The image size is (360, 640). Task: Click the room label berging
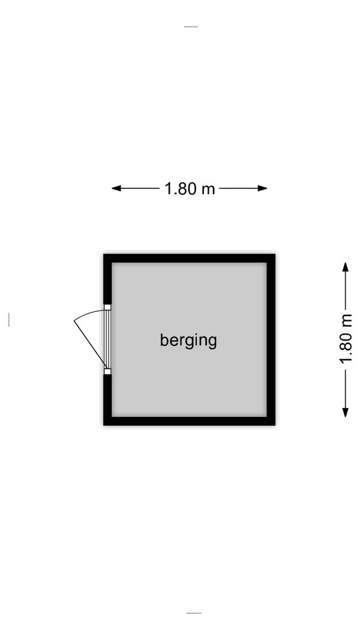pos(188,341)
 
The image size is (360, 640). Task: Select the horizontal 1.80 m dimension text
pos(190,188)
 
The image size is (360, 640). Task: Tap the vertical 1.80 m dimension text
pos(346,339)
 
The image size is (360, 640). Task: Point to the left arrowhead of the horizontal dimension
pos(116,188)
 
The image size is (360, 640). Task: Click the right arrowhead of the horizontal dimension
pos(262,188)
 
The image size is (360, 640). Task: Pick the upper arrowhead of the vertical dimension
pos(346,267)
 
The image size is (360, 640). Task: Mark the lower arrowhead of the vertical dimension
pos(346,412)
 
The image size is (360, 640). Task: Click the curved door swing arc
pos(88,314)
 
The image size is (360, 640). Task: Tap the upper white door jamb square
pos(107,307)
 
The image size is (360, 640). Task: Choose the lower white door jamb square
pos(107,371)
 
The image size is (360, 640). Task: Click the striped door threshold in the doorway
pos(107,339)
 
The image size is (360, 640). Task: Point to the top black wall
pos(189,258)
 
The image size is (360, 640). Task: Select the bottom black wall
pos(189,421)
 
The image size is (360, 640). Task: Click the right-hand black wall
pos(271,339)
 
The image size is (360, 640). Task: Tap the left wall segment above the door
pos(107,279)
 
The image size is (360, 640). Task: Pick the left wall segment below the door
pos(107,400)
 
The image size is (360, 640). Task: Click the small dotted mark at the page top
pos(191,27)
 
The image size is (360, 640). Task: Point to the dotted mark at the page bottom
pos(193,613)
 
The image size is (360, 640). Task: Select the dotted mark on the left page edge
pos(8,320)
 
